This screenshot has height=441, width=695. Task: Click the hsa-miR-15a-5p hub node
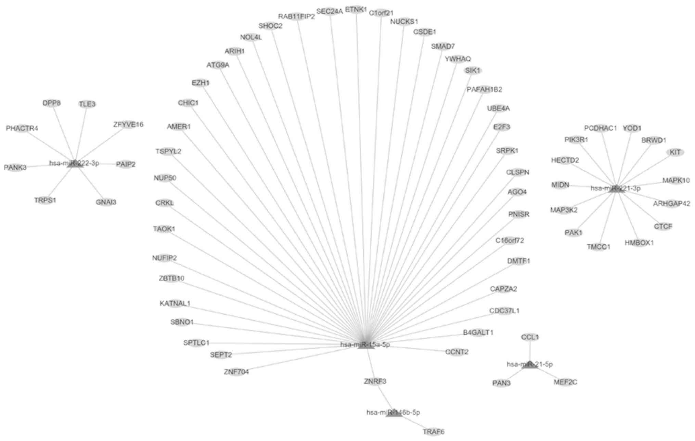point(366,345)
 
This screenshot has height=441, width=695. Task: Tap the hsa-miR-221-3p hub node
point(616,188)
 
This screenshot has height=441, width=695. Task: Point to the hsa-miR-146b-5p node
point(394,413)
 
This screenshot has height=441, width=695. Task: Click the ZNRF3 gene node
point(375,381)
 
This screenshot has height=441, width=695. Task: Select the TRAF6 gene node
point(434,432)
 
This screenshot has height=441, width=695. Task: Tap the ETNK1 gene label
point(356,10)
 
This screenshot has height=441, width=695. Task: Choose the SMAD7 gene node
point(443,46)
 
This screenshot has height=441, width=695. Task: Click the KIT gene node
point(675,152)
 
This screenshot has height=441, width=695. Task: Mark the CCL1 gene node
point(530,337)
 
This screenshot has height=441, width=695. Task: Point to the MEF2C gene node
point(565,382)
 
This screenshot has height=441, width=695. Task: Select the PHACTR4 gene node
point(22,128)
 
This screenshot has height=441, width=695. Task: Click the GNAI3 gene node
point(106,202)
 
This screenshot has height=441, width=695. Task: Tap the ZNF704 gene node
point(236,372)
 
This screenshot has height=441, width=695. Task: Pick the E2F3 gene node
point(502,127)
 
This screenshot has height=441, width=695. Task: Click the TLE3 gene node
point(87,104)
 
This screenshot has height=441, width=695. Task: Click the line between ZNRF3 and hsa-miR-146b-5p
point(384,397)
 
